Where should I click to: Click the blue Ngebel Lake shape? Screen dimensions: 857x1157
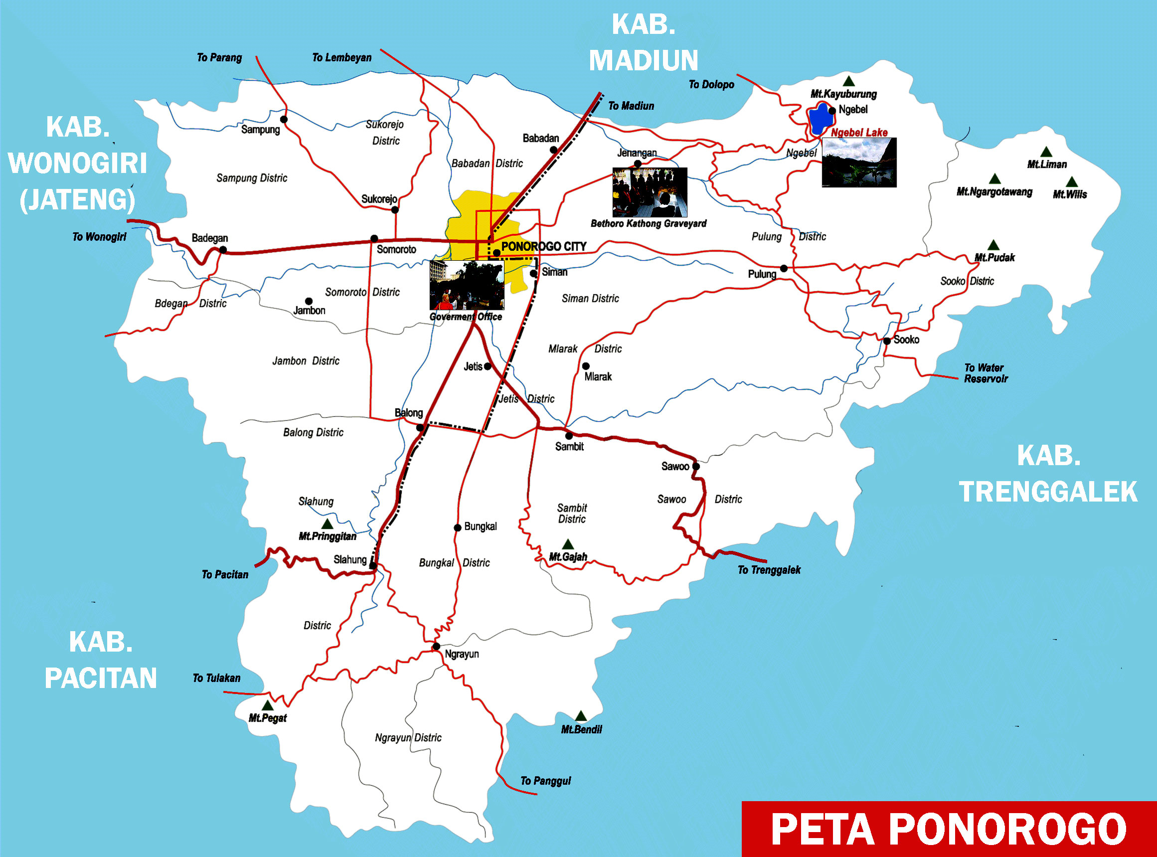[820, 120]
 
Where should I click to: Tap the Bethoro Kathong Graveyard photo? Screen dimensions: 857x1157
[650, 192]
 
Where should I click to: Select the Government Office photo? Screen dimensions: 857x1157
[466, 285]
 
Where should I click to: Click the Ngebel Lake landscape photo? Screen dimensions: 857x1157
[859, 163]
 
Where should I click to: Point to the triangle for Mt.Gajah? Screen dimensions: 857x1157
[568, 544]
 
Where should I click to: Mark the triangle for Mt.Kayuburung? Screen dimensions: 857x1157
[848, 81]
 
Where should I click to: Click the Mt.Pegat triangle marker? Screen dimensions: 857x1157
[267, 705]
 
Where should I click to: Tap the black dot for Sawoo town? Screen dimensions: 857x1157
[696, 466]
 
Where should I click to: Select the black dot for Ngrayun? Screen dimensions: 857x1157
[436, 647]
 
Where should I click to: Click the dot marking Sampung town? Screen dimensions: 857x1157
[284, 119]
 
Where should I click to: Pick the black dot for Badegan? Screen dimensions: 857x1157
[223, 250]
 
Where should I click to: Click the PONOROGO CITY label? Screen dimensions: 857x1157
[543, 246]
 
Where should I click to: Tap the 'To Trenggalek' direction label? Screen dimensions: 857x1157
[769, 570]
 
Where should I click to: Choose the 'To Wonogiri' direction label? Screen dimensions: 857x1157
[99, 237]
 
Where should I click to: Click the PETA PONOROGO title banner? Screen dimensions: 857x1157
[949, 829]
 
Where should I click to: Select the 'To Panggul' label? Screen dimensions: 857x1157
[545, 781]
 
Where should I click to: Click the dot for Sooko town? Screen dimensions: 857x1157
[887, 341]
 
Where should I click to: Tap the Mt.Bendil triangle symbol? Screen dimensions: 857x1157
[581, 716]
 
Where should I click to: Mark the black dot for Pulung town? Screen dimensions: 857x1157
[784, 268]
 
